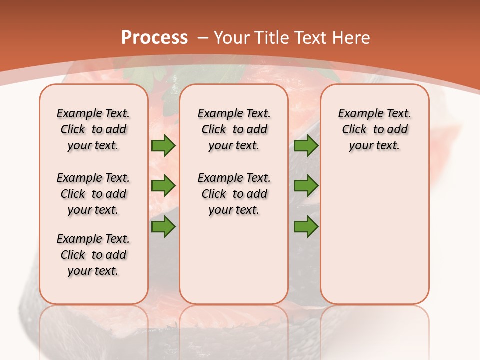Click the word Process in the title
point(154,38)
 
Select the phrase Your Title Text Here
point(292,38)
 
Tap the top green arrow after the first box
point(163,146)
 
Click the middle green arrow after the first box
point(163,186)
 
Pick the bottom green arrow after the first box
point(163,226)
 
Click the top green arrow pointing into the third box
point(306,146)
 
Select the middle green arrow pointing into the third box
point(306,186)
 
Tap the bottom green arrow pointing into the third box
point(306,226)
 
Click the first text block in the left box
point(93,129)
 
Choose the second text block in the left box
point(93,194)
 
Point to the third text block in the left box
point(93,255)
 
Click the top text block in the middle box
point(234,129)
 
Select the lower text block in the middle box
point(234,194)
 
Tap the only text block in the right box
point(374,129)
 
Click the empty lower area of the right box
point(374,235)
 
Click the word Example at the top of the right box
point(356,114)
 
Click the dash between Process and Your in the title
point(203,38)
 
